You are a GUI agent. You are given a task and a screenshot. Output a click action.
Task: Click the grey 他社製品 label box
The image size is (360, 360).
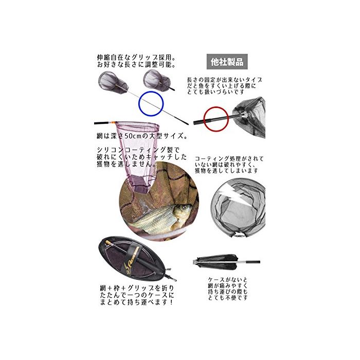[227, 62]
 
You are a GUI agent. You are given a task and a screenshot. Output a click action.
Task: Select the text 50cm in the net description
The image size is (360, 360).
[132, 136]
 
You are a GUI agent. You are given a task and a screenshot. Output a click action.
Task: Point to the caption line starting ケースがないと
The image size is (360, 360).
[228, 280]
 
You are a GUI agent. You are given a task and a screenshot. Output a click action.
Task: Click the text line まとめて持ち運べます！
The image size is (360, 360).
[136, 302]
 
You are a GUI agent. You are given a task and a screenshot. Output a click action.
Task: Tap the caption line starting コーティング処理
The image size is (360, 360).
[229, 158]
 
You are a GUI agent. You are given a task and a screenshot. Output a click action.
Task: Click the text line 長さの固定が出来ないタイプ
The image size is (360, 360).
[225, 80]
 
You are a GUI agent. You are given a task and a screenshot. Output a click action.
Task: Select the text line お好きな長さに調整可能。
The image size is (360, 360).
[136, 64]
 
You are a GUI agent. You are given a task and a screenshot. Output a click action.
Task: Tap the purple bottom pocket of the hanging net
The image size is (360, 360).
[140, 184]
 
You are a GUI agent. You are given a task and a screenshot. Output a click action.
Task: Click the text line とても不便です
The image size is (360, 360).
[228, 298]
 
